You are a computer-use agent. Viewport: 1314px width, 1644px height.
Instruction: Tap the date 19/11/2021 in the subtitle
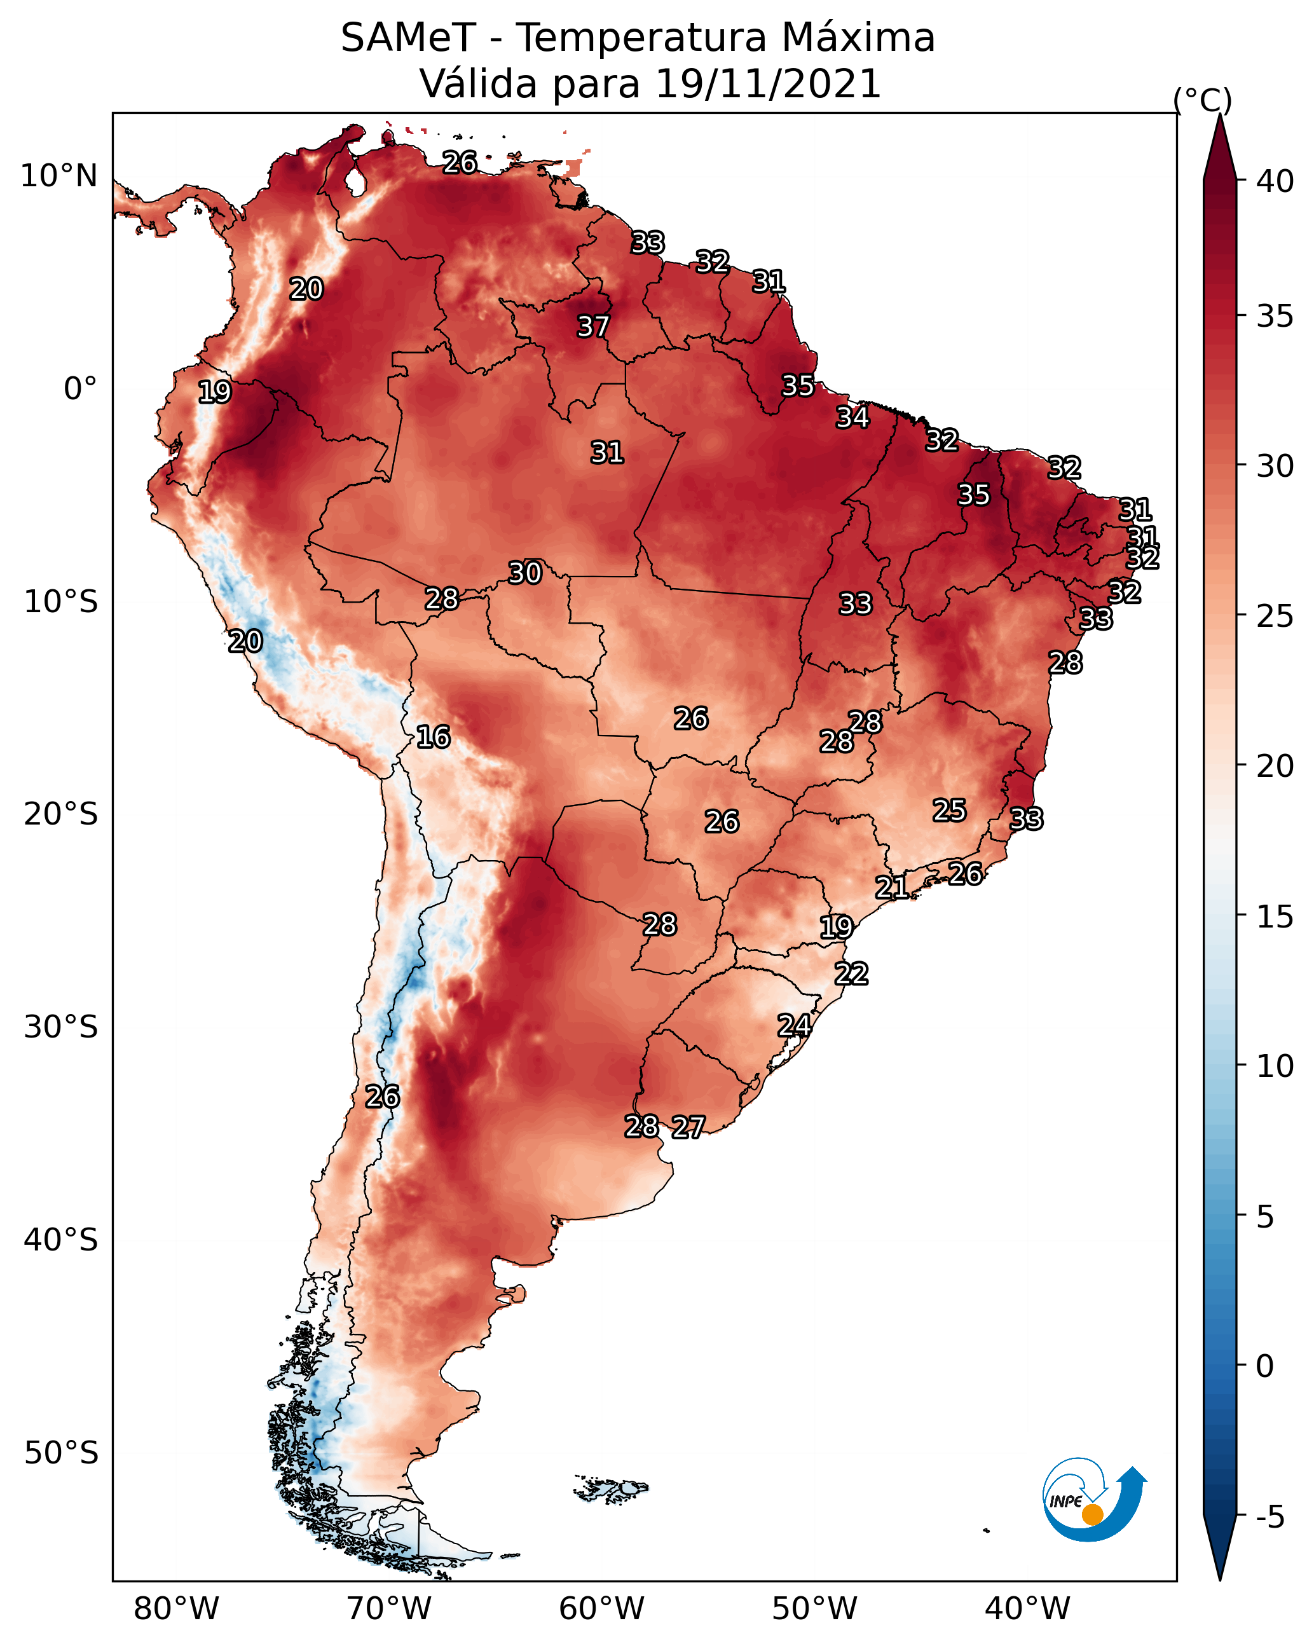coord(768,83)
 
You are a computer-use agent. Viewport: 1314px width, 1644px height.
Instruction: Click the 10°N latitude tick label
coord(58,176)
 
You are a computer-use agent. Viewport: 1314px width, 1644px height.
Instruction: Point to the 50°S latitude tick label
coord(61,1453)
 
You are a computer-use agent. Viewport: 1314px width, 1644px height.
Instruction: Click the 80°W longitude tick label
coord(176,1608)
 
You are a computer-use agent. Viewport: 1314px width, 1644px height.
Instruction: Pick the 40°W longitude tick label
coord(1027,1608)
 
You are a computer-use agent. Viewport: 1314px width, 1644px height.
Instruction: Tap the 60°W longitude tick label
coord(602,1608)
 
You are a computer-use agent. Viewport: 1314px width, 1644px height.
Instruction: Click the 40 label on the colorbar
coord(1275,181)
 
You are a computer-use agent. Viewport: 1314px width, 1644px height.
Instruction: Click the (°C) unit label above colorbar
coord(1203,100)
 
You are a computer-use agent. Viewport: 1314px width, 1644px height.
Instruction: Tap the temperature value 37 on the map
coord(592,326)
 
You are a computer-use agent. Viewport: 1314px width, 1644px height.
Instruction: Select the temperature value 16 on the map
coord(433,737)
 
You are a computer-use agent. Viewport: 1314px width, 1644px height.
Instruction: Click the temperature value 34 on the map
coord(852,417)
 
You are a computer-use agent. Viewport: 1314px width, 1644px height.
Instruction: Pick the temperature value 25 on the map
coord(950,810)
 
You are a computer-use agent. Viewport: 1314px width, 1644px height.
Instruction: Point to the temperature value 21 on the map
coord(891,887)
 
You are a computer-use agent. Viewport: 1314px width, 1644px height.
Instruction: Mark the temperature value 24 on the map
coord(794,1025)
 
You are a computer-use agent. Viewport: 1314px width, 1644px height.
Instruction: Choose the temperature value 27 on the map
coord(688,1127)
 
